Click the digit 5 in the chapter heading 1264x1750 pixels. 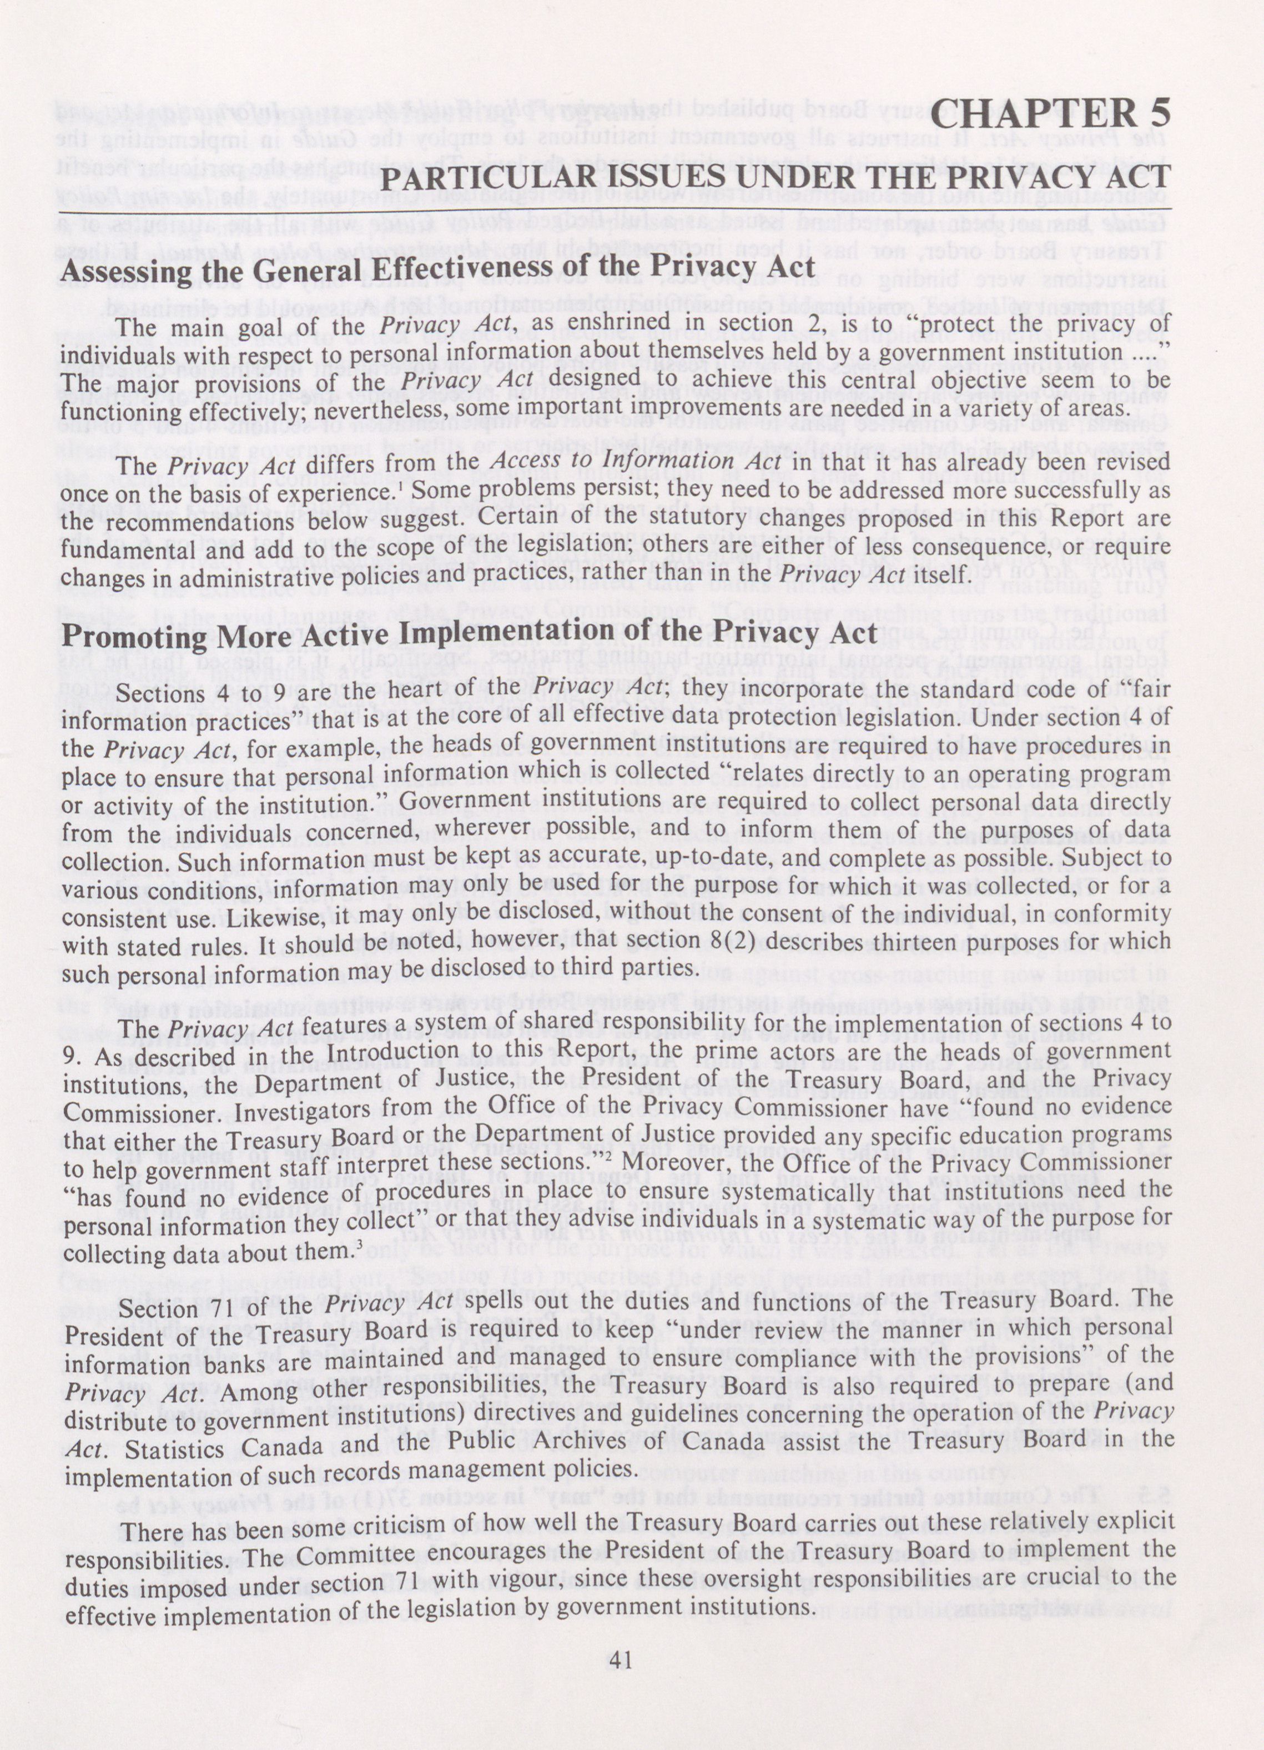[1156, 116]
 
